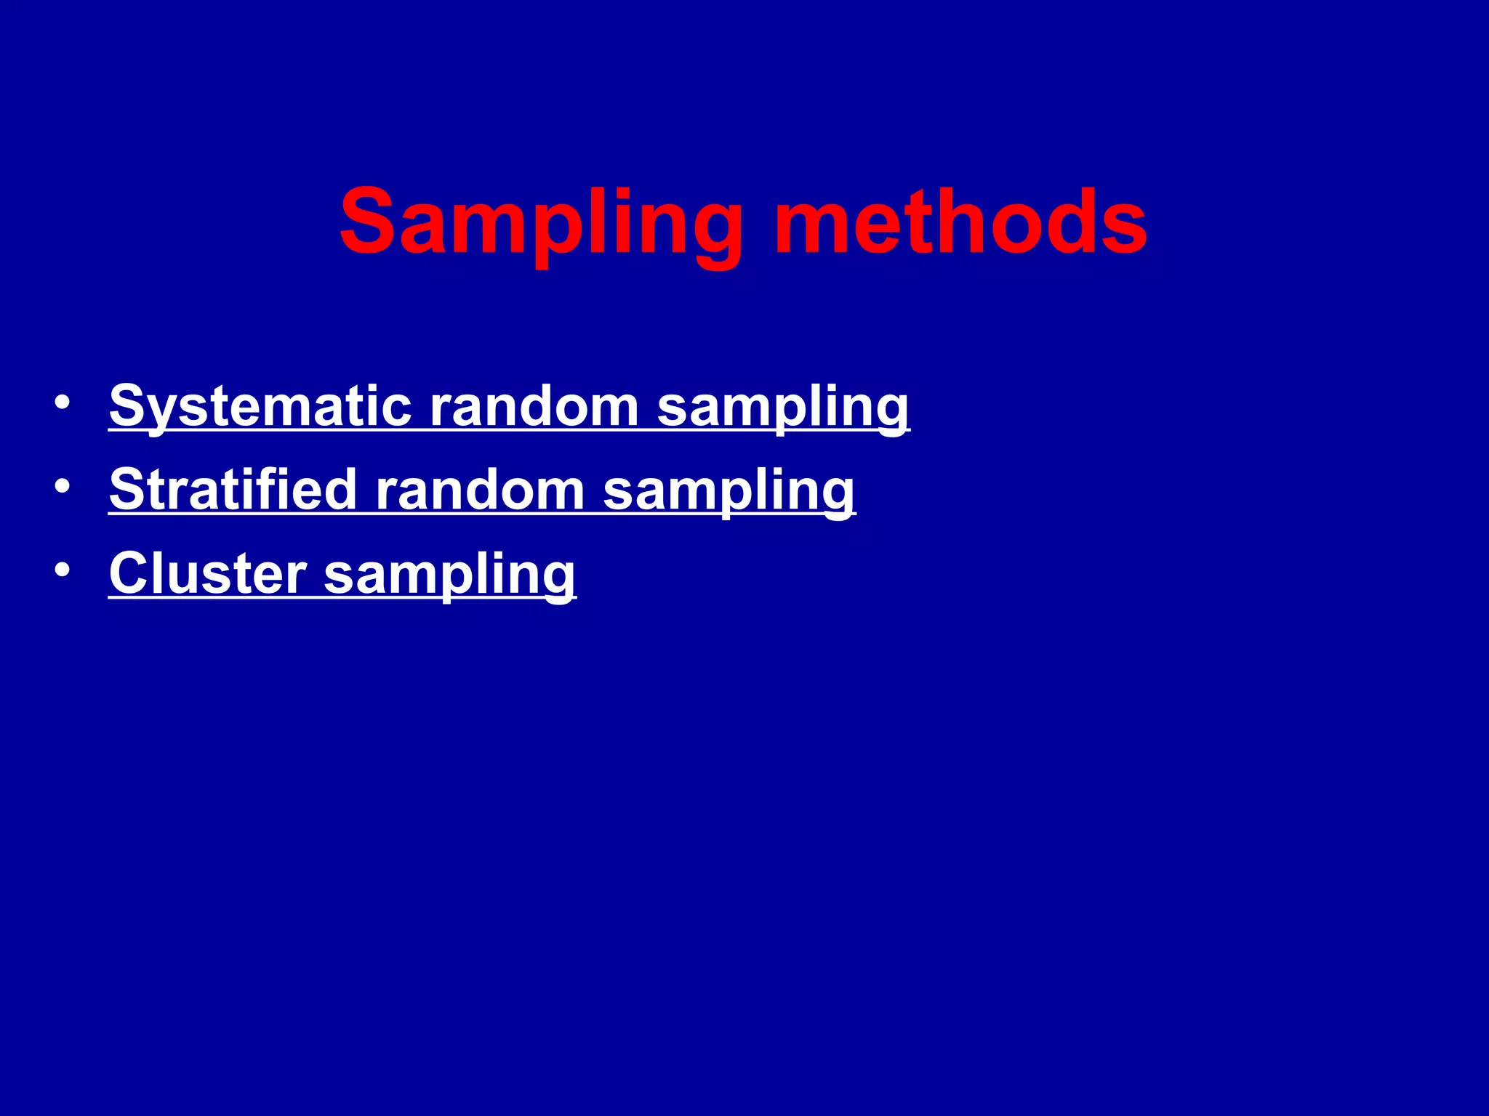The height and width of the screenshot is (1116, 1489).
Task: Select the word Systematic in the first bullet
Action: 260,407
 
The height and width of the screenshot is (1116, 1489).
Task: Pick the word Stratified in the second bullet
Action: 233,490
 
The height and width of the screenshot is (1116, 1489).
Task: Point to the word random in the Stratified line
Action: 480,490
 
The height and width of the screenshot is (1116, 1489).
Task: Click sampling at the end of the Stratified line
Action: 729,490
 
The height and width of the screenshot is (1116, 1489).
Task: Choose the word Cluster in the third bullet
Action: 208,574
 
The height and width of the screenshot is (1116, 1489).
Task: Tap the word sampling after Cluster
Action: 449,574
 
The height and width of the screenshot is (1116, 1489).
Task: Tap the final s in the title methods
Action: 1123,229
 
